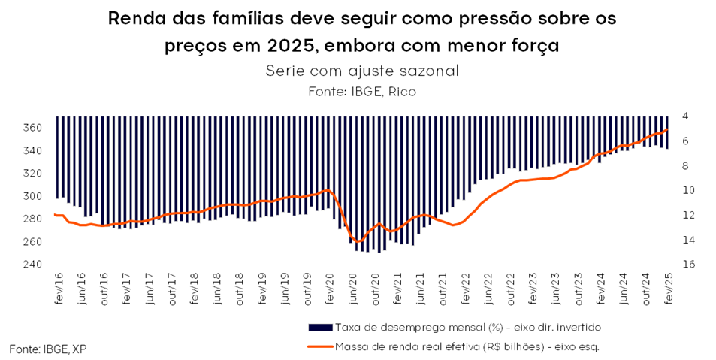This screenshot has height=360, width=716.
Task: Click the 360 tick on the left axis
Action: pos(32,128)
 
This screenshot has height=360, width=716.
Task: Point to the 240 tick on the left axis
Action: pos(32,265)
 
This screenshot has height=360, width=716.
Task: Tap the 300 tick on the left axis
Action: pos(32,196)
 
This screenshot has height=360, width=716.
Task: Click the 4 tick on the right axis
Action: pos(687,116)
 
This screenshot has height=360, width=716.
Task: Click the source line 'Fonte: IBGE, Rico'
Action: pos(361,91)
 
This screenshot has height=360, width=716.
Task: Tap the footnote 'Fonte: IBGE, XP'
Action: pos(43,349)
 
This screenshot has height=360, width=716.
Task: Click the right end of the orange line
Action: pos(668,129)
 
